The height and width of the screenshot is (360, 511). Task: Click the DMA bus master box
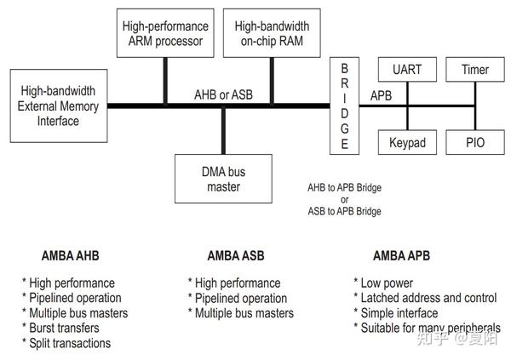[223, 180]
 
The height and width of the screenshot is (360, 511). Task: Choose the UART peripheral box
[407, 70]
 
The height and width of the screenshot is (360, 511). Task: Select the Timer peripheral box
[475, 70]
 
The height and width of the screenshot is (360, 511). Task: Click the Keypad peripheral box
[407, 142]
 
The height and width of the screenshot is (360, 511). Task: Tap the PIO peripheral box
[475, 142]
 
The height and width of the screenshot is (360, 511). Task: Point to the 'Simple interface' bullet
[397, 313]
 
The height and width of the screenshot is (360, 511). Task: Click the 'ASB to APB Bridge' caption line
[344, 211]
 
